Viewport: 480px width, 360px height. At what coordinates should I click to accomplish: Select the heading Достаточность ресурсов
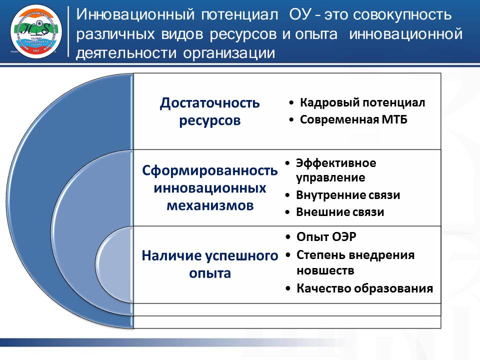(x=209, y=111)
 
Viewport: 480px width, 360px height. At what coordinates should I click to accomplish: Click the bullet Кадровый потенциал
(x=362, y=102)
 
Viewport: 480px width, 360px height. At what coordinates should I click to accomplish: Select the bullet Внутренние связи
(x=348, y=194)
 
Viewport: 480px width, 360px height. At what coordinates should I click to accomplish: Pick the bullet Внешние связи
(x=340, y=212)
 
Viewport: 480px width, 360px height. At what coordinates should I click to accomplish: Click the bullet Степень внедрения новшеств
(x=355, y=262)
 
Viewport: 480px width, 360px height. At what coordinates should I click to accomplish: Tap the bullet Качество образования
(x=364, y=288)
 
